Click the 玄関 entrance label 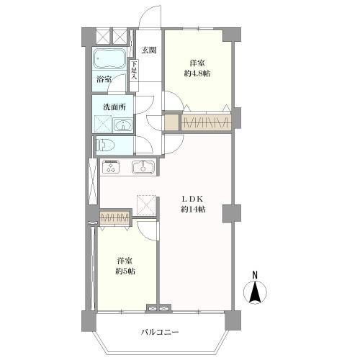click(149, 50)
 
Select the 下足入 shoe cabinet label click(134, 70)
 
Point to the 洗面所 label click(114, 107)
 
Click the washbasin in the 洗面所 click(122, 125)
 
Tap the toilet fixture click(105, 145)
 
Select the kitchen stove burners click(111, 166)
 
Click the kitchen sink click(143, 167)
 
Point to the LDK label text click(193, 199)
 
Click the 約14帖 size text click(193, 210)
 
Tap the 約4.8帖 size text click(197, 73)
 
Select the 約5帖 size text click(125, 271)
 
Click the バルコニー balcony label click(160, 333)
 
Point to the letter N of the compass click(255, 275)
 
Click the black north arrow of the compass click(255, 292)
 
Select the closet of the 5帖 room click(114, 217)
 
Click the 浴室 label click(104, 79)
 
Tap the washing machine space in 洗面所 click(103, 124)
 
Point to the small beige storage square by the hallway click(172, 122)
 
